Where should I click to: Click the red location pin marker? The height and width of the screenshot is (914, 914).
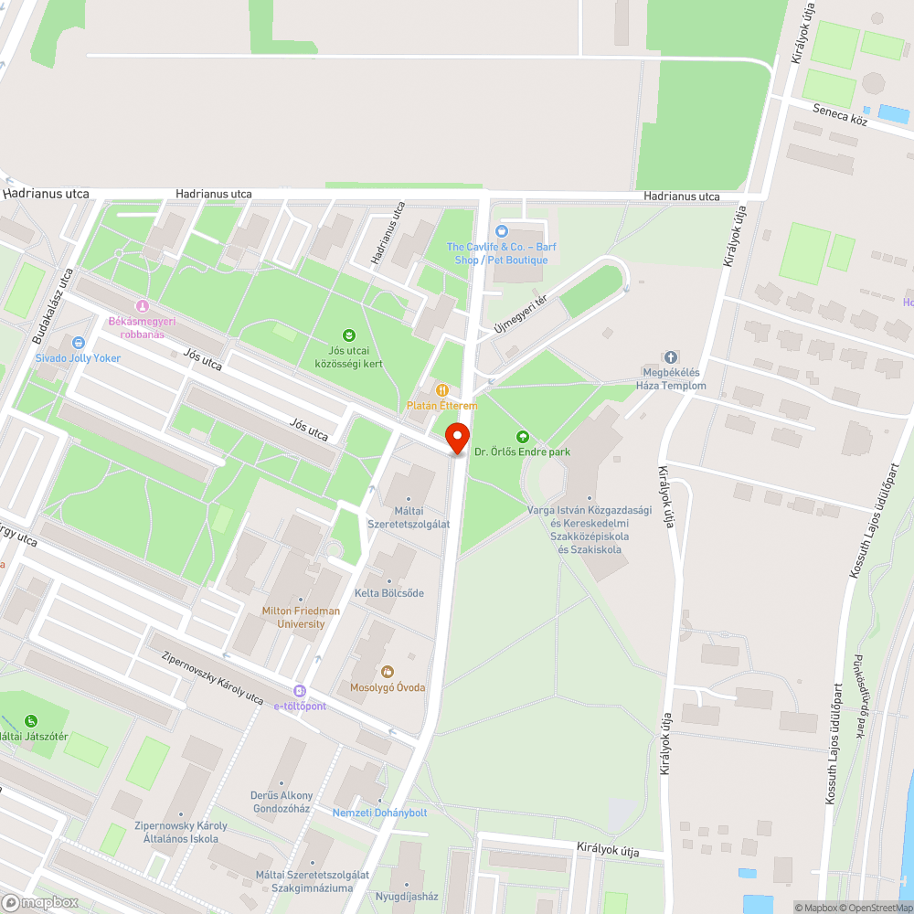point(457,438)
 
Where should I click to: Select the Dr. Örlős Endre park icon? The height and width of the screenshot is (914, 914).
point(523,437)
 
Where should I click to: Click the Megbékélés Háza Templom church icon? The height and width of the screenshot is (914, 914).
point(671,357)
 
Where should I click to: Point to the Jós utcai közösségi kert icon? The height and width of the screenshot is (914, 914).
point(348,335)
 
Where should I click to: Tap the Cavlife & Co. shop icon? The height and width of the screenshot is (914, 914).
point(500,231)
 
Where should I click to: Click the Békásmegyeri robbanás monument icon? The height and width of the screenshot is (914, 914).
point(142,305)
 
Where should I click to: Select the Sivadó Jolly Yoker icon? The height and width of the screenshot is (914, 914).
point(79,343)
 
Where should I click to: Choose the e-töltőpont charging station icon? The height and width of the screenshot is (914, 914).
point(300,691)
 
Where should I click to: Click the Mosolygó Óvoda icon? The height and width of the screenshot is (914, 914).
point(387,672)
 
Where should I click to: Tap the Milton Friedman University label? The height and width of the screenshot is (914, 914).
point(301,617)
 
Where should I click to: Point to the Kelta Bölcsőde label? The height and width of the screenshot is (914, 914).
point(389,593)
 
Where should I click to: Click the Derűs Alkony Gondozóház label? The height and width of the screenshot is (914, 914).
point(282,802)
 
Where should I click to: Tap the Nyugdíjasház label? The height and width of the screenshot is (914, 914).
point(407,898)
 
